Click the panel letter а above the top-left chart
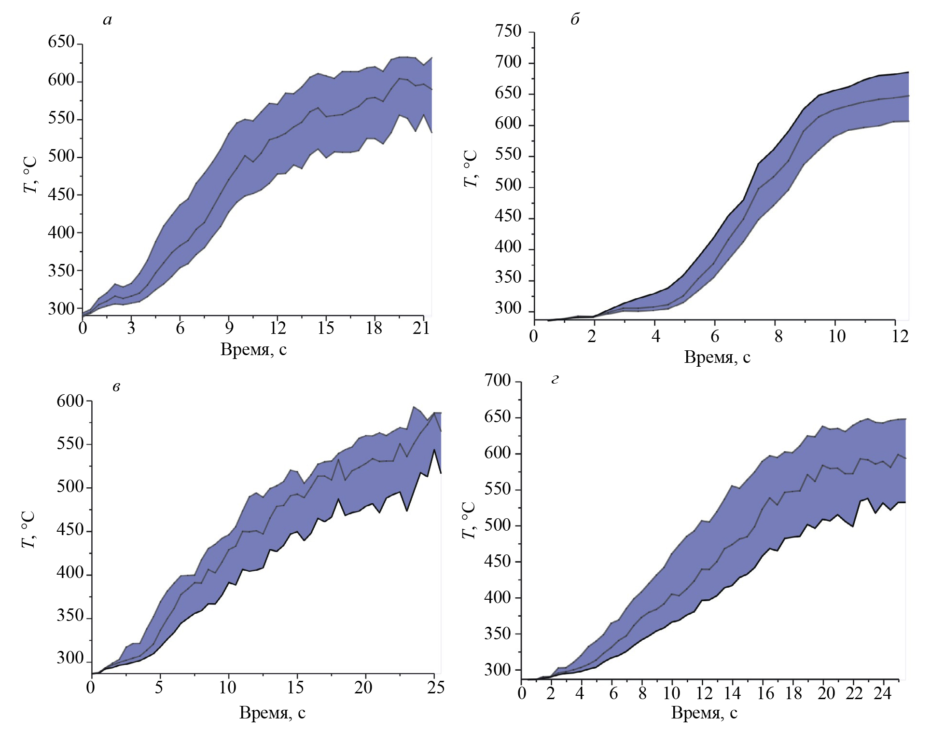[x=107, y=20]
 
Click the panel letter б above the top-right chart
[x=575, y=19]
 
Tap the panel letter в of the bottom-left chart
[x=116, y=386]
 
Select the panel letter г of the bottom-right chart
[x=555, y=379]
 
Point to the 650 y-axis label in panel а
[x=61, y=42]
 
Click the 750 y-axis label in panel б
[x=508, y=31]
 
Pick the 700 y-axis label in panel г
[x=498, y=381]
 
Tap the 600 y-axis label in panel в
[x=70, y=401]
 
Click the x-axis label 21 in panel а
[x=421, y=329]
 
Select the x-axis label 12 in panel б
[x=900, y=336]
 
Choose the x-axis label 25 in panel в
[x=436, y=688]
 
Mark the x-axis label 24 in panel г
[x=882, y=693]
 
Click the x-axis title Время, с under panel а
[x=253, y=349]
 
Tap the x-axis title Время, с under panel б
[x=717, y=357]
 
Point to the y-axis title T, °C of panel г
[x=469, y=520]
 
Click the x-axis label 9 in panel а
[x=229, y=329]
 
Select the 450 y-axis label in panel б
[x=508, y=216]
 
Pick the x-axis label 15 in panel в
[x=296, y=688]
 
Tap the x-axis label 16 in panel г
[x=765, y=693]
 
